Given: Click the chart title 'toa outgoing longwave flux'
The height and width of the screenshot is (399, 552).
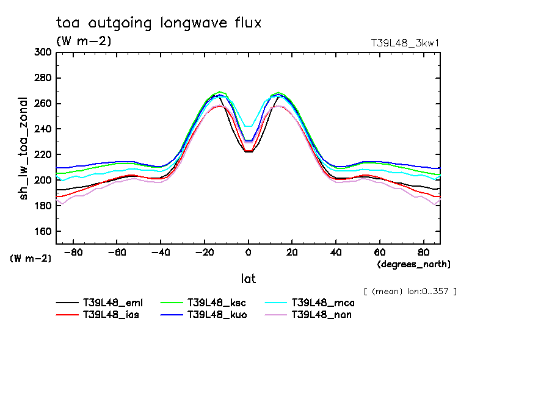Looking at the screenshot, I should [x=159, y=23].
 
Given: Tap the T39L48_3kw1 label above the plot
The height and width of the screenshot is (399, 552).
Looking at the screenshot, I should [x=405, y=43].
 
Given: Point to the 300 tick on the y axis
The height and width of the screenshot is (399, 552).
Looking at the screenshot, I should [x=42, y=52].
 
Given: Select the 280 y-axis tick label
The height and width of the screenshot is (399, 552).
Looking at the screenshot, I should [x=42, y=78].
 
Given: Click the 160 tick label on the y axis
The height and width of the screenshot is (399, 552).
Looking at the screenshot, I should [x=42, y=232].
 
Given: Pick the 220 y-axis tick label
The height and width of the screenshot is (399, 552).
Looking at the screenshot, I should [x=42, y=155].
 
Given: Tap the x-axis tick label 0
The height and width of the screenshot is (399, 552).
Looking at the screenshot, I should [x=248, y=251].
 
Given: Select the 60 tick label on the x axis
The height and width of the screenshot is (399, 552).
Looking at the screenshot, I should [x=379, y=251].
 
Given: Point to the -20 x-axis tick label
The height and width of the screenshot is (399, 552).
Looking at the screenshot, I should [x=204, y=251].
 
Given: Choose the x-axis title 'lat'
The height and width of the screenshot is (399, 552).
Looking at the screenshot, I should [x=249, y=279].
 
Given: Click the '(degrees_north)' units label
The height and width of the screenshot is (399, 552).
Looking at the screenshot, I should [x=414, y=264].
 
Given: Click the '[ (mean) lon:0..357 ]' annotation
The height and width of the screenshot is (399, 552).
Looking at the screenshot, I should [x=410, y=291].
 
